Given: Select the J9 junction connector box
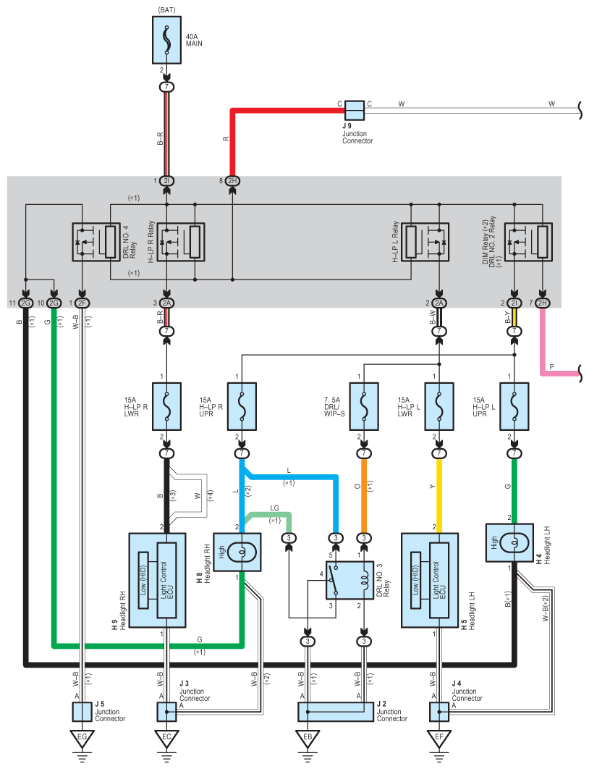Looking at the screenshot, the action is (355, 110).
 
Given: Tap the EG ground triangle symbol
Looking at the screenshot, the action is (82, 738).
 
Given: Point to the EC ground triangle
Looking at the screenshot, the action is (166, 738).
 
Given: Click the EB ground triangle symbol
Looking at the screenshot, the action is (308, 738).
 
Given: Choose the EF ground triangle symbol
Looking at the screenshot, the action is (438, 738).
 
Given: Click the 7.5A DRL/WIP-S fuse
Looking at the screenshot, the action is (363, 406).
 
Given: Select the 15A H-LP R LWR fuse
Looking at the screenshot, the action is (166, 406).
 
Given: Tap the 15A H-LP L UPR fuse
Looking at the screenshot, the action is (514, 406).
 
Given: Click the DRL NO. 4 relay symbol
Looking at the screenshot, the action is (96, 242).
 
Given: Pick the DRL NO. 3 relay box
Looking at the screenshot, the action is (349, 580).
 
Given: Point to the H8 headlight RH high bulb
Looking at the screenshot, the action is (237, 552).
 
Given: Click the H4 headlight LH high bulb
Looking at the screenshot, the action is (509, 542).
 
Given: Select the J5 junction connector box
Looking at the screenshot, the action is (82, 712).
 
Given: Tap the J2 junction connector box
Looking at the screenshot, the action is (336, 712).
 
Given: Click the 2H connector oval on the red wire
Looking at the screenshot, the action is (232, 181).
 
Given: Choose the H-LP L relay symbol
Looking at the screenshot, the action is (425, 242).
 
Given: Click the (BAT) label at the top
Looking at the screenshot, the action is (166, 10).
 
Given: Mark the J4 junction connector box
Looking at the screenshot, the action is (438, 712).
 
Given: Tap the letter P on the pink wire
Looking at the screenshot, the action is (552, 367).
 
